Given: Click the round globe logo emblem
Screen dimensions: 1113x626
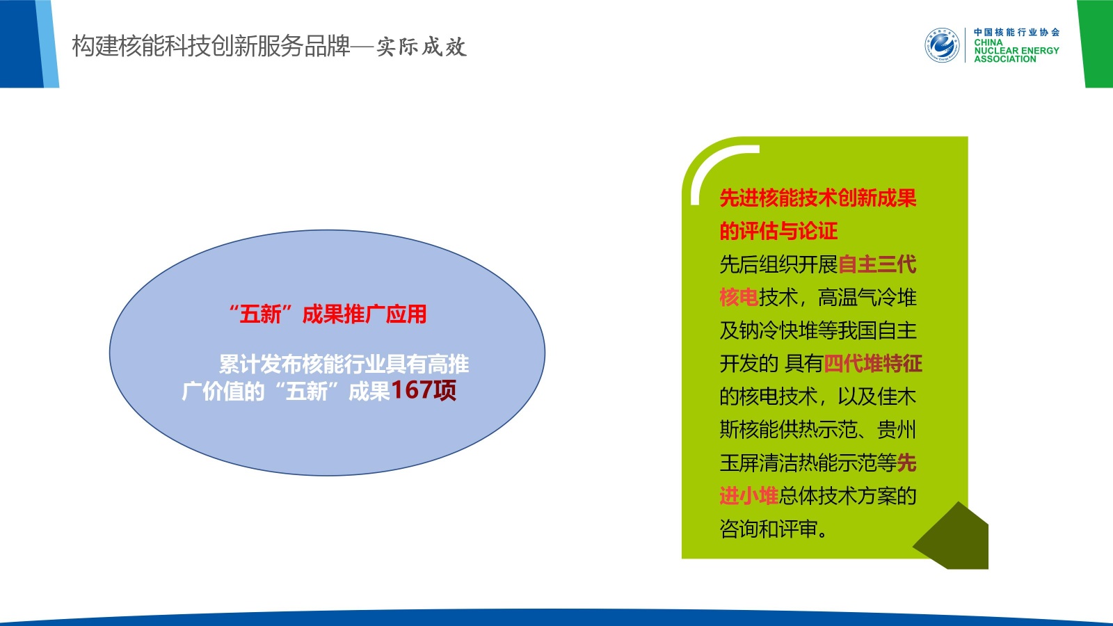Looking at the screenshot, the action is pyautogui.click(x=942, y=45).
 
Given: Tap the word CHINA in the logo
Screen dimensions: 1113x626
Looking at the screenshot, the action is pyautogui.click(x=988, y=42).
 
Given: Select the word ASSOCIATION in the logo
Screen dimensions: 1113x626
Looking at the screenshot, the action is pyautogui.click(x=1004, y=59).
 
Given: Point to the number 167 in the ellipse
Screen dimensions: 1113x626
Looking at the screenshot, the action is pyautogui.click(x=412, y=390).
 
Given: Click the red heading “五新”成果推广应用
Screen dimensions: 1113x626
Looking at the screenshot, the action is pyautogui.click(x=328, y=314).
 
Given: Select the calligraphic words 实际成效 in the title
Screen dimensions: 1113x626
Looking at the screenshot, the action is pyautogui.click(x=422, y=47).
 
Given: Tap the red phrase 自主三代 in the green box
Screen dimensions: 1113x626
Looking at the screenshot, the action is pyautogui.click(x=877, y=264).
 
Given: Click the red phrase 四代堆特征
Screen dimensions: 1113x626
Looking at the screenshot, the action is pyautogui.click(x=873, y=363).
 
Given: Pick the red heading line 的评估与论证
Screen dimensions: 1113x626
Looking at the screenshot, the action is pyautogui.click(x=778, y=231).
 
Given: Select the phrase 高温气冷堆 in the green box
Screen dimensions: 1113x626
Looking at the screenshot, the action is pyautogui.click(x=867, y=297).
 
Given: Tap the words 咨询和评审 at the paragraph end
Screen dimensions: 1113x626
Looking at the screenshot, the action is pyautogui.click(x=769, y=529).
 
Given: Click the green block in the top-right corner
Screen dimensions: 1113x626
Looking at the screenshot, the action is pyautogui.click(x=1096, y=44).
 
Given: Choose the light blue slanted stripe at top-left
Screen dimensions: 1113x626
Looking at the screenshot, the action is pyautogui.click(x=48, y=44).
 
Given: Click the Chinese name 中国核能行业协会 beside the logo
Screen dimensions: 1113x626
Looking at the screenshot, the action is pyautogui.click(x=1016, y=32).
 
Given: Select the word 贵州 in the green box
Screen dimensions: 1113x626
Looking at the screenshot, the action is pyautogui.click(x=897, y=429).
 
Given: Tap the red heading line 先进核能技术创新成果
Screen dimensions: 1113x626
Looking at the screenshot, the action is pyautogui.click(x=818, y=198).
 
